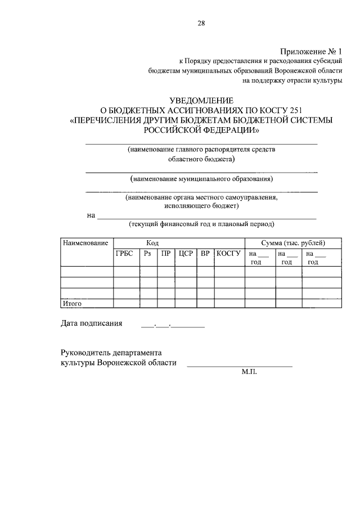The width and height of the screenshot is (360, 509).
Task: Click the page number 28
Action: (201, 23)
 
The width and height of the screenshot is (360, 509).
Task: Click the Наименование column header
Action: (85, 243)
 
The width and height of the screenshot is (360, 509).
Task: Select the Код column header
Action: (153, 243)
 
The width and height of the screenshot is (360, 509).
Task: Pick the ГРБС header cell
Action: (125, 254)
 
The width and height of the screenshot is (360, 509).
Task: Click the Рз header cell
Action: (148, 254)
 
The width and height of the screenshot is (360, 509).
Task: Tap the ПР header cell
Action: (166, 254)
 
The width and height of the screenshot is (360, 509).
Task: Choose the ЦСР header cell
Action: (186, 254)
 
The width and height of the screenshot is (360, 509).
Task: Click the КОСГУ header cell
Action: (228, 254)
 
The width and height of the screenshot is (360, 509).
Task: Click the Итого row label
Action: (73, 304)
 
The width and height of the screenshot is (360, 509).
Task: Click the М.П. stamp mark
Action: (249, 372)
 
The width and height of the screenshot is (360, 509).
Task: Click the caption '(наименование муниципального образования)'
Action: (201, 179)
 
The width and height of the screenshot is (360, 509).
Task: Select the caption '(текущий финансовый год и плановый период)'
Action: (201, 224)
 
